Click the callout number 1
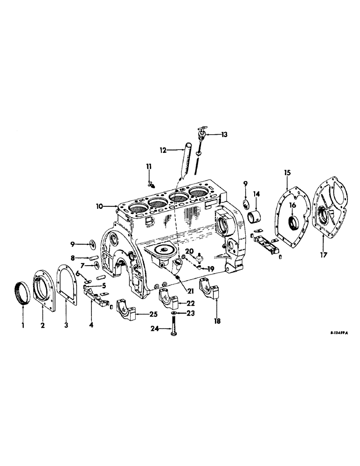pos(21,325)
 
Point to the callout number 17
pos(323,255)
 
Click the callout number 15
pos(287,172)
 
